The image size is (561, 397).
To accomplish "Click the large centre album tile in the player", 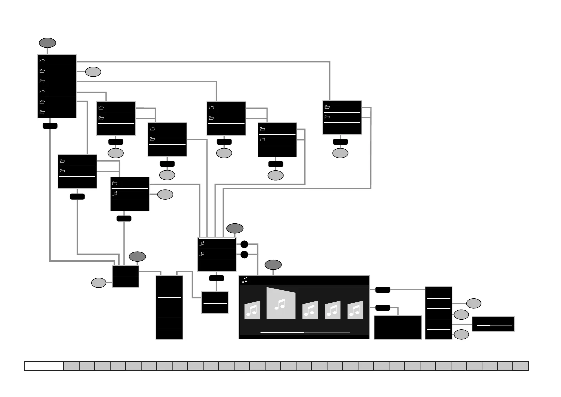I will [281, 303].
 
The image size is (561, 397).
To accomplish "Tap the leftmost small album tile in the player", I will [252, 310].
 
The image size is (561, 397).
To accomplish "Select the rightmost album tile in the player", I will [355, 310].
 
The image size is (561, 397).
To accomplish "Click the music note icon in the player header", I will [245, 280].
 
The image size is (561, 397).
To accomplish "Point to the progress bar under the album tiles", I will [305, 332].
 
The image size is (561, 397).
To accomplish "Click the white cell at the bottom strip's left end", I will [44, 366].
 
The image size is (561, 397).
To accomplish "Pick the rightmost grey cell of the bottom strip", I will [520, 366].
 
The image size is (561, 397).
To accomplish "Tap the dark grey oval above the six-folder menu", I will [47, 43].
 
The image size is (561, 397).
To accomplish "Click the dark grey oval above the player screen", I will [273, 265].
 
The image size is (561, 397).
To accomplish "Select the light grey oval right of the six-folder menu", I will [93, 72].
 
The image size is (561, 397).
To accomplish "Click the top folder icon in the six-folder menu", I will [42, 61].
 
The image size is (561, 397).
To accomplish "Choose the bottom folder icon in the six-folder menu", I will [42, 112].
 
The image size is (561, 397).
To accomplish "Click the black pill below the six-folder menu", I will [50, 126].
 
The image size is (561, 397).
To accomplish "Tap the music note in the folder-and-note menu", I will [115, 193].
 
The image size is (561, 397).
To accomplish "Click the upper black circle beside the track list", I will [244, 244].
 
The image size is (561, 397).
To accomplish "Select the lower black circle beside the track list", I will [244, 255].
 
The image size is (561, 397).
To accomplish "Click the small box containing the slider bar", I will [493, 324].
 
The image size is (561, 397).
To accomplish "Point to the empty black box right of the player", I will [398, 327].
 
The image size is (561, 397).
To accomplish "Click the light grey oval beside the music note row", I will [165, 194].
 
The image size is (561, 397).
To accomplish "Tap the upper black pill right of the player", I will [383, 290].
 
